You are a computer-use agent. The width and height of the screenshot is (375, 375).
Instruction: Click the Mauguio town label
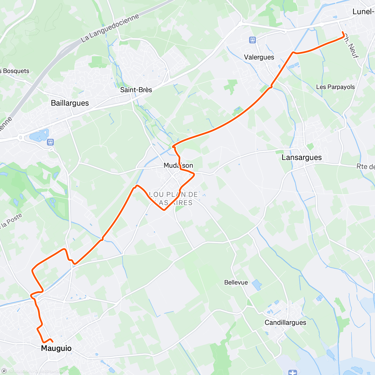pos(56,348)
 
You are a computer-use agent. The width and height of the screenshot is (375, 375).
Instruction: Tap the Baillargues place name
pos(70,103)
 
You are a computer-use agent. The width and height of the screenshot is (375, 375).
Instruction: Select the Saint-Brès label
pos(136,90)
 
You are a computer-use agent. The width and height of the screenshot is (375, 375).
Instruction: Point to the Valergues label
pos(259,57)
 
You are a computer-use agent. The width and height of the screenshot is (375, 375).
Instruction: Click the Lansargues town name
pos(302,157)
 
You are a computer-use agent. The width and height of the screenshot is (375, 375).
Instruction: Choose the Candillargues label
pos(285,322)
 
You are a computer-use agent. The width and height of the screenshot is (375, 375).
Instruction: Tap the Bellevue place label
pos(236,282)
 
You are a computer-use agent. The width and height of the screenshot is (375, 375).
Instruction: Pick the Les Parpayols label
pos(335,87)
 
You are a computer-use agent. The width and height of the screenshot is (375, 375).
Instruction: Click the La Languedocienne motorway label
pos(110,28)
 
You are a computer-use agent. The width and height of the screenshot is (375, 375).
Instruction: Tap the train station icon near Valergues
pos(252,40)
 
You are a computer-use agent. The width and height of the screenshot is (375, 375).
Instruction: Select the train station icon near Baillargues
pos(50,142)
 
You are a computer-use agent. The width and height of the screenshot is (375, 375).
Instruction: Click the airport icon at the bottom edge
pos(292,372)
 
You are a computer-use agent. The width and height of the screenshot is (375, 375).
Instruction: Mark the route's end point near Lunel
pos(343,32)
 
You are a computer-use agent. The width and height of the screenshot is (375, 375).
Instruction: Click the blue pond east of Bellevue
pos(257,285)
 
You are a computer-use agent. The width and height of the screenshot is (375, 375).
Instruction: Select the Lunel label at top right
pos(363,12)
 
